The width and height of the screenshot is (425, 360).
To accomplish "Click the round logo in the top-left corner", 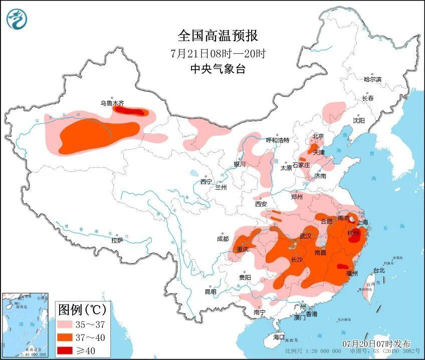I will [x=17, y=19].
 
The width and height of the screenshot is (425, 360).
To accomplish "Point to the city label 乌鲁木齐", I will [x=111, y=103].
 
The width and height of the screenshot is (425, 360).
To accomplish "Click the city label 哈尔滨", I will [x=372, y=79].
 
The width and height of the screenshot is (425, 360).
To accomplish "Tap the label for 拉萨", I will [x=117, y=241].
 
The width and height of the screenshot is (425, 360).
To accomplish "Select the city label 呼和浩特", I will [x=277, y=140].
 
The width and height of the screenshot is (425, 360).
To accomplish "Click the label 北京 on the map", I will [x=318, y=136].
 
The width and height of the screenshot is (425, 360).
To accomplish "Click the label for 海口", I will [x=278, y=337].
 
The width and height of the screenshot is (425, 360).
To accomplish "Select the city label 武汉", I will [x=306, y=236].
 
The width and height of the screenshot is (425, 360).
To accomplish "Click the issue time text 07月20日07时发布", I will [x=376, y=344].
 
